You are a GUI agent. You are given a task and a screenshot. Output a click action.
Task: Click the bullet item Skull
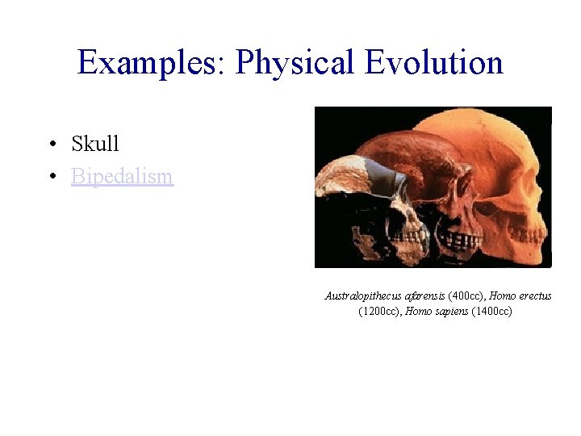click(95, 144)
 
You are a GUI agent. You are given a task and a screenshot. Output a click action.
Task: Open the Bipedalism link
click(122, 175)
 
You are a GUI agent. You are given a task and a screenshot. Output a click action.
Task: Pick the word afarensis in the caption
click(426, 296)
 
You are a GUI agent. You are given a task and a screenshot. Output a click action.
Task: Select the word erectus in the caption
click(535, 296)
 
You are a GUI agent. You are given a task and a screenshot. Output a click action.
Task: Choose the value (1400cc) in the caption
click(495, 311)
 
